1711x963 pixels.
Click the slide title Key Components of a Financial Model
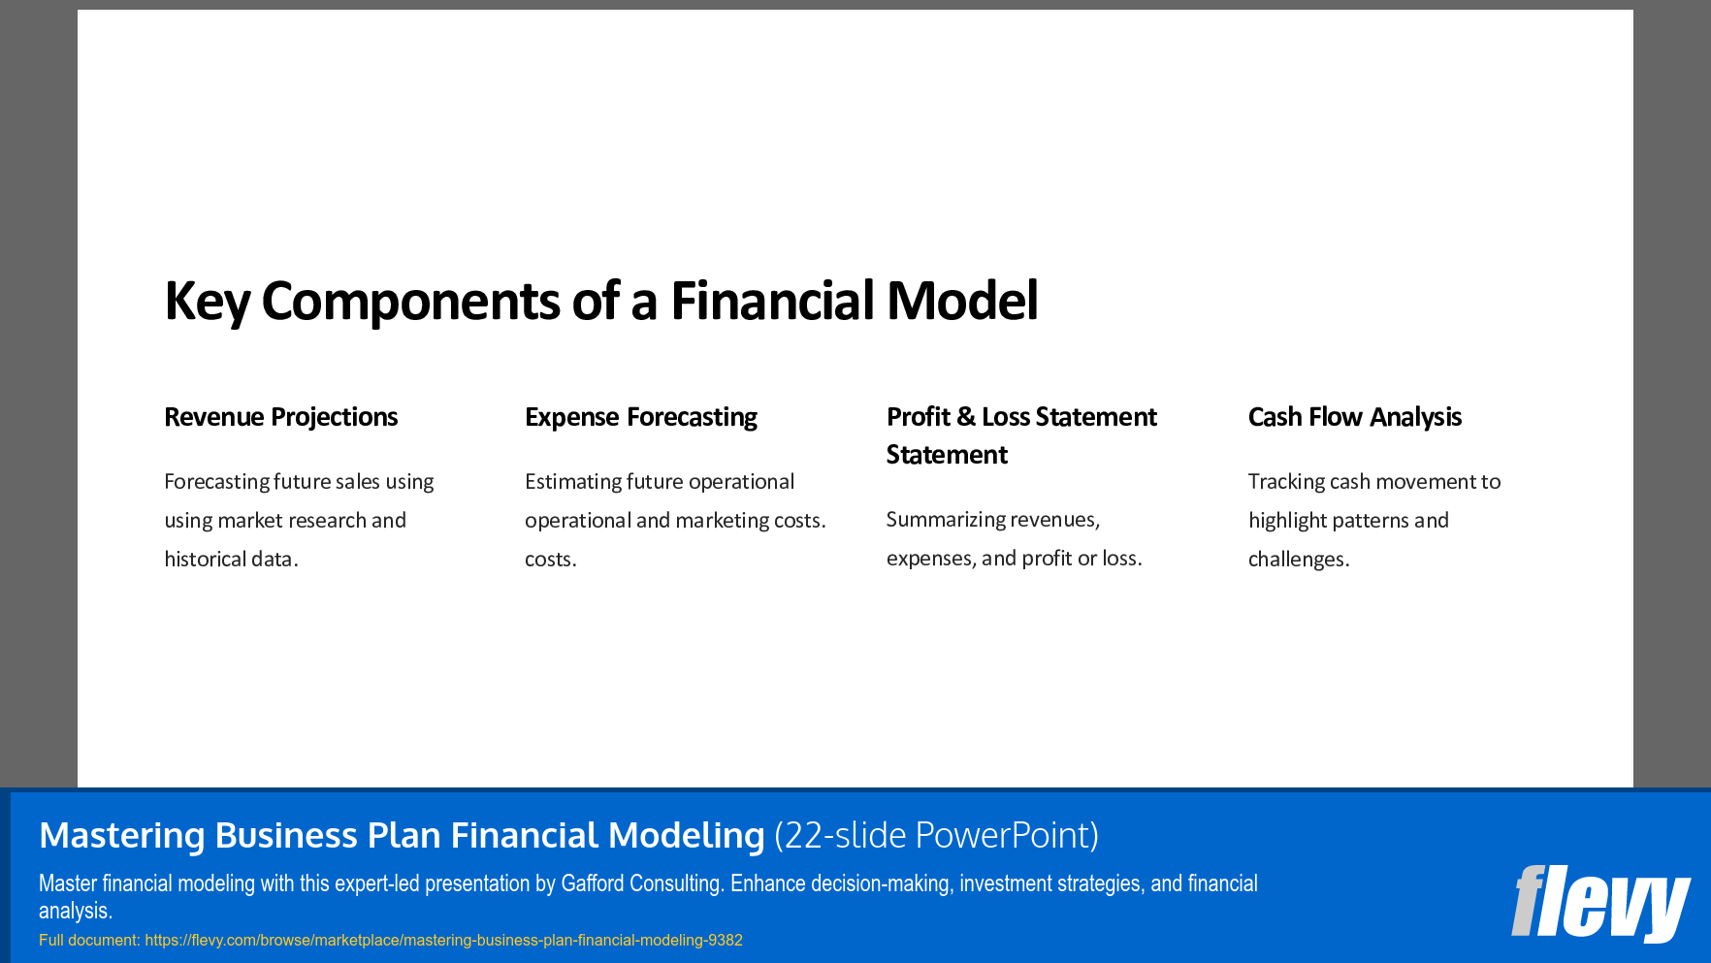[x=600, y=301]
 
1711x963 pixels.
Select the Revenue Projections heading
[x=280, y=417]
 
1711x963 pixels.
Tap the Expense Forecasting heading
[x=640, y=417]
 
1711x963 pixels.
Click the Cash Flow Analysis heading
[x=1354, y=417]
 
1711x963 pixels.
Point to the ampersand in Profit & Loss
[x=965, y=417]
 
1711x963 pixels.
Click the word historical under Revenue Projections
[x=205, y=560]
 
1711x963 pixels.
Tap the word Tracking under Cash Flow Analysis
[x=1286, y=482]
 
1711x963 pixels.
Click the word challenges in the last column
[x=1297, y=560]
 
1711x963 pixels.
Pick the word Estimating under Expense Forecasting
[x=572, y=482]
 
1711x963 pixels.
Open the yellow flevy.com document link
[x=443, y=941]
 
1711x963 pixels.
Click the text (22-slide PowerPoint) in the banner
[x=936, y=835]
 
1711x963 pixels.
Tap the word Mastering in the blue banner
[x=121, y=835]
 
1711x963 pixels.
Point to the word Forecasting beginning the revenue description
[x=216, y=482]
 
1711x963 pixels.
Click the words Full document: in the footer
[x=89, y=941]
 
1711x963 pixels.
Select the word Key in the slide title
[x=207, y=301]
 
